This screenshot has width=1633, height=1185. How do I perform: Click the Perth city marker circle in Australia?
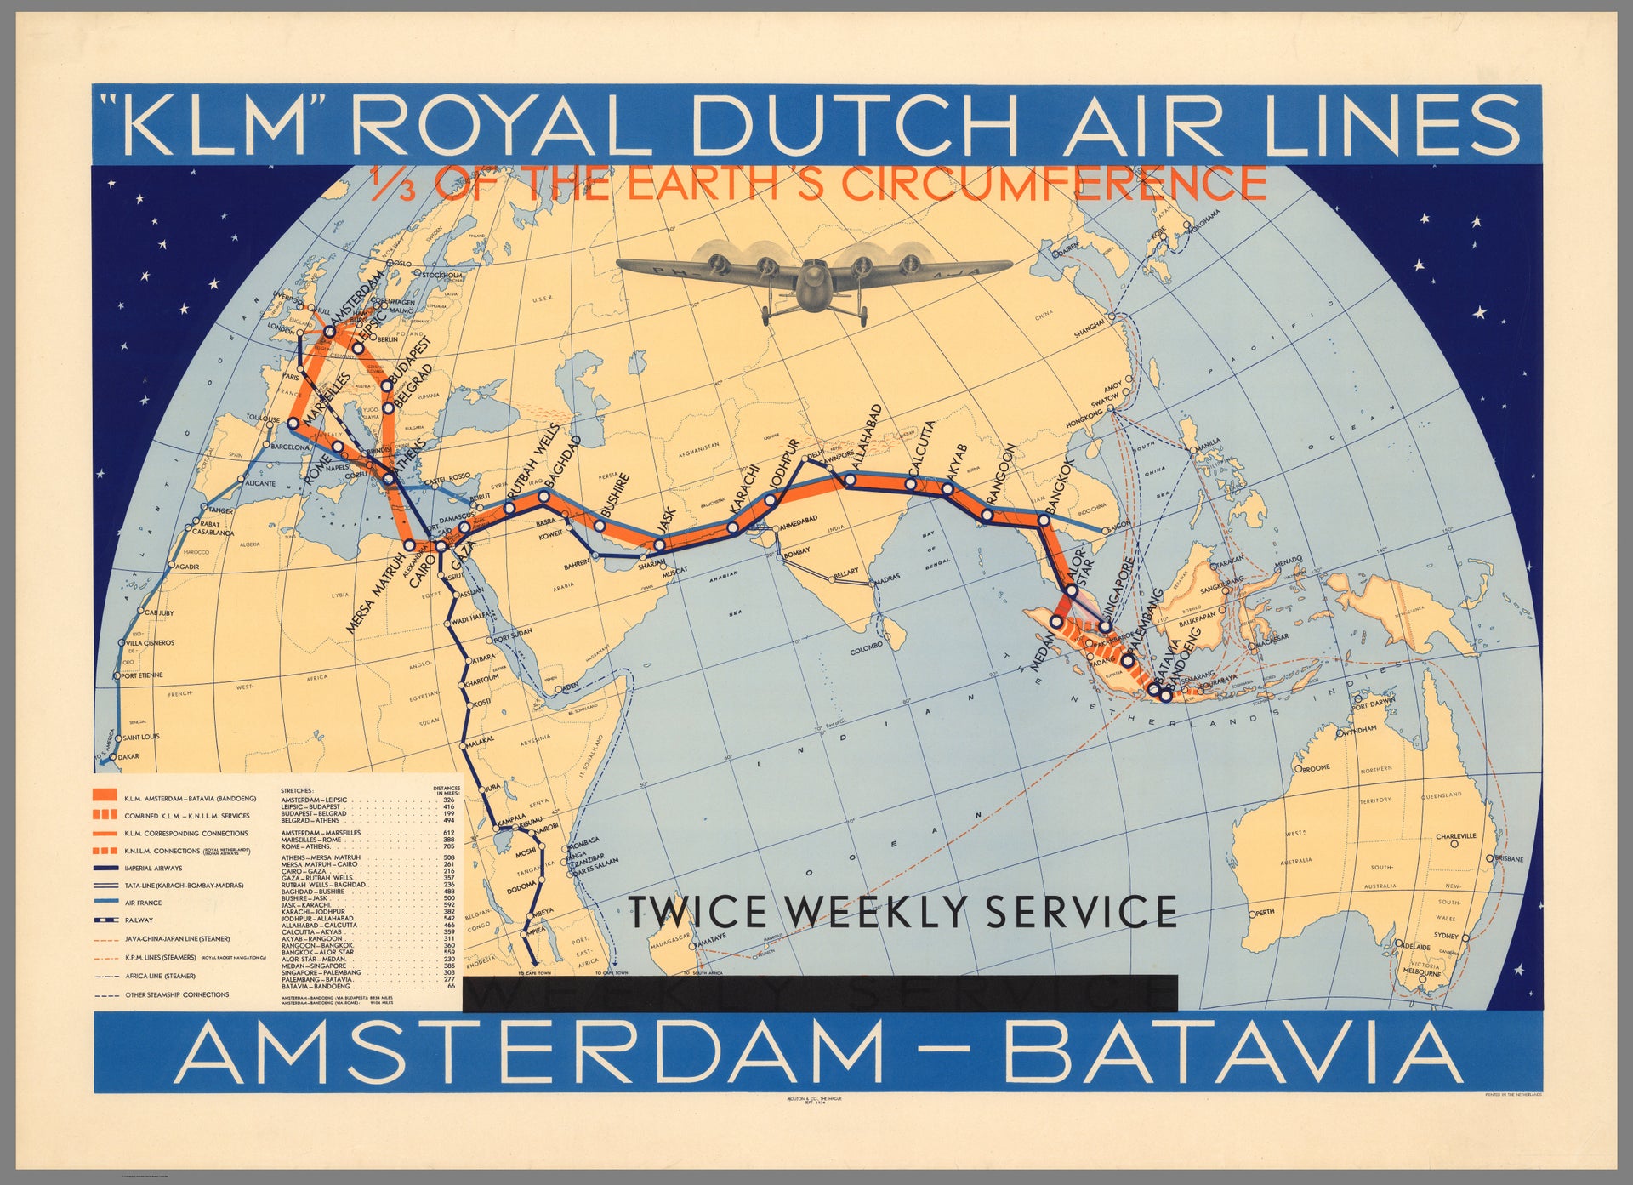[1253, 913]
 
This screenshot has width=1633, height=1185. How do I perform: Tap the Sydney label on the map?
[1446, 936]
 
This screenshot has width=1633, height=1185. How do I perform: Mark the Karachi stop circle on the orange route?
[733, 529]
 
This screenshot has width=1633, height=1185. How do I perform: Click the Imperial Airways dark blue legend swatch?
[104, 868]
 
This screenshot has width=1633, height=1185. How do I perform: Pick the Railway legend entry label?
[139, 920]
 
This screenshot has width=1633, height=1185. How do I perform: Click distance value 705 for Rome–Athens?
[449, 846]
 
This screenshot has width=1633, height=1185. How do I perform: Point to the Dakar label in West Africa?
[128, 756]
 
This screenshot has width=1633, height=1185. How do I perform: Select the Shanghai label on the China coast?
[1090, 328]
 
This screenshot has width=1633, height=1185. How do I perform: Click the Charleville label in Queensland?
[1455, 836]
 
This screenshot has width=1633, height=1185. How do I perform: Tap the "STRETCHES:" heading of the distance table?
[297, 790]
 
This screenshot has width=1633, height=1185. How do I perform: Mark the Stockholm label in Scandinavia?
[442, 276]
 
